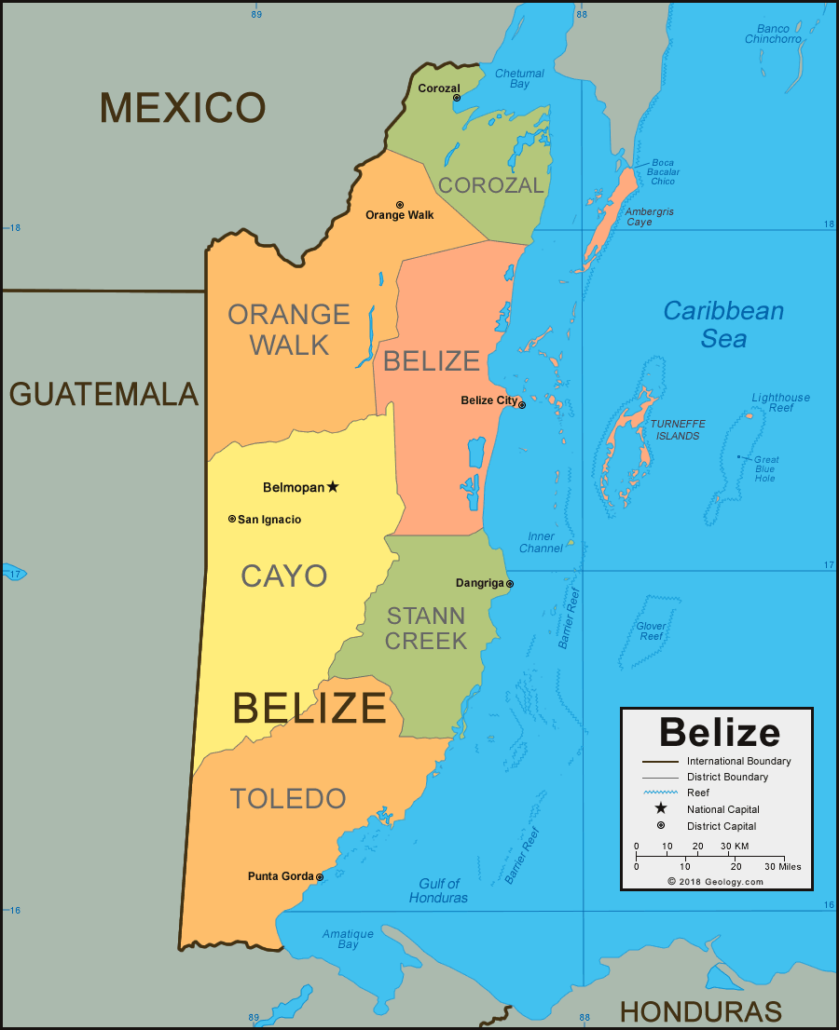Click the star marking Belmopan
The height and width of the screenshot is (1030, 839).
tap(333, 486)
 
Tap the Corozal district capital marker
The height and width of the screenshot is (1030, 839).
tap(457, 98)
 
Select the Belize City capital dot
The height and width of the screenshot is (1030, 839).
tap(522, 405)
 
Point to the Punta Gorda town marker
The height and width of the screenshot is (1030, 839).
tap(320, 877)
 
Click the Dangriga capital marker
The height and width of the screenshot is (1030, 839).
tap(510, 584)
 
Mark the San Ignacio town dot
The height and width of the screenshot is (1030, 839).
tap(232, 519)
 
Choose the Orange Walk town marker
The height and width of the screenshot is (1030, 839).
tap(400, 205)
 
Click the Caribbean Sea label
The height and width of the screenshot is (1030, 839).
tap(723, 324)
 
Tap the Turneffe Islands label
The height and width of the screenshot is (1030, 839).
tap(678, 429)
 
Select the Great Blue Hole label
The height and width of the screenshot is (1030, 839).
tap(766, 468)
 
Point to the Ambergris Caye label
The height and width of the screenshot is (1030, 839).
tap(649, 217)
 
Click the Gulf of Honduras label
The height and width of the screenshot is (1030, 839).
tap(438, 890)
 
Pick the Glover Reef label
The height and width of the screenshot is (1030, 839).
tap(652, 631)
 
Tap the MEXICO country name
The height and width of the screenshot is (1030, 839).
tap(183, 108)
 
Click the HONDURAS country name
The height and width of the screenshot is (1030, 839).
tap(700, 1011)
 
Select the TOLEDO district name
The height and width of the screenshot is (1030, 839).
tap(288, 798)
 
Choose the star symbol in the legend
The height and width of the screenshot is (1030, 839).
tap(660, 808)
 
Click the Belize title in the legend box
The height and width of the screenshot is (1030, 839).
tap(719, 732)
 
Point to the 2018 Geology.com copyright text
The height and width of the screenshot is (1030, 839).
tap(715, 881)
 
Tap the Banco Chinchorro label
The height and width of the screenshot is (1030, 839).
tap(773, 34)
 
